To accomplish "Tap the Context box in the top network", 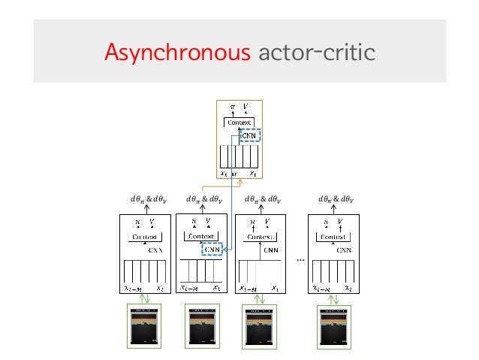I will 239,123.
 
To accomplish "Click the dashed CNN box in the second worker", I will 212,250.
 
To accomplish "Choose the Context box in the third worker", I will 259,237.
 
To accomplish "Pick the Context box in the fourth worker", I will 334,237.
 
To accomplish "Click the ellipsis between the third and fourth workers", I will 300,258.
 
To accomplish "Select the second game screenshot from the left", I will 201,327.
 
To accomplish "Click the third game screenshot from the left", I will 259,327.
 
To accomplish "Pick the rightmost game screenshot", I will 334,327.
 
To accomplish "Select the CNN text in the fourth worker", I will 346,249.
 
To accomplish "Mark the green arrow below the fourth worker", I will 334,298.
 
